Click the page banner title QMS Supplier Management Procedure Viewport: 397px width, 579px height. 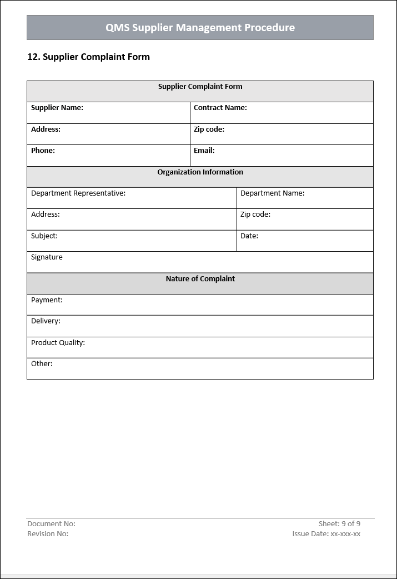pos(200,27)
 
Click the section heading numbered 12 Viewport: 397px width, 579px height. pos(88,57)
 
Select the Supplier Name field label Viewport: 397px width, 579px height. pos(57,108)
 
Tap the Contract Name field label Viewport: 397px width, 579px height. pos(220,108)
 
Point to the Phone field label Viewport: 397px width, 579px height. pos(43,151)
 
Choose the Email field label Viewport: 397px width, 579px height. pos(204,151)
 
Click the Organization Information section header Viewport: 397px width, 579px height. pos(200,172)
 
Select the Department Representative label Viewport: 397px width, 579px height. pos(78,193)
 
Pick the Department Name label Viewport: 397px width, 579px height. pos(272,193)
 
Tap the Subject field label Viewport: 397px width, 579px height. pos(44,236)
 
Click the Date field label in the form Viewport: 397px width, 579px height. pos(249,236)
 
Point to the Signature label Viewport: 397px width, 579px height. pos(47,257)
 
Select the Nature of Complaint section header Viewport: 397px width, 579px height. pos(200,279)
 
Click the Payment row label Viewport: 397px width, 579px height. pos(47,300)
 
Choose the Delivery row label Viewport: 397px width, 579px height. pos(46,321)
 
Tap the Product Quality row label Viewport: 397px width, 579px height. pos(58,343)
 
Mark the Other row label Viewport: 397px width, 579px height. pos(42,364)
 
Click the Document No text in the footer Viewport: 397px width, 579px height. pos(51,523)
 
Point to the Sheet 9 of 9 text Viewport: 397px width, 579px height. pos(339,523)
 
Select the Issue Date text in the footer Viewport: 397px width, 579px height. pos(326,534)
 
